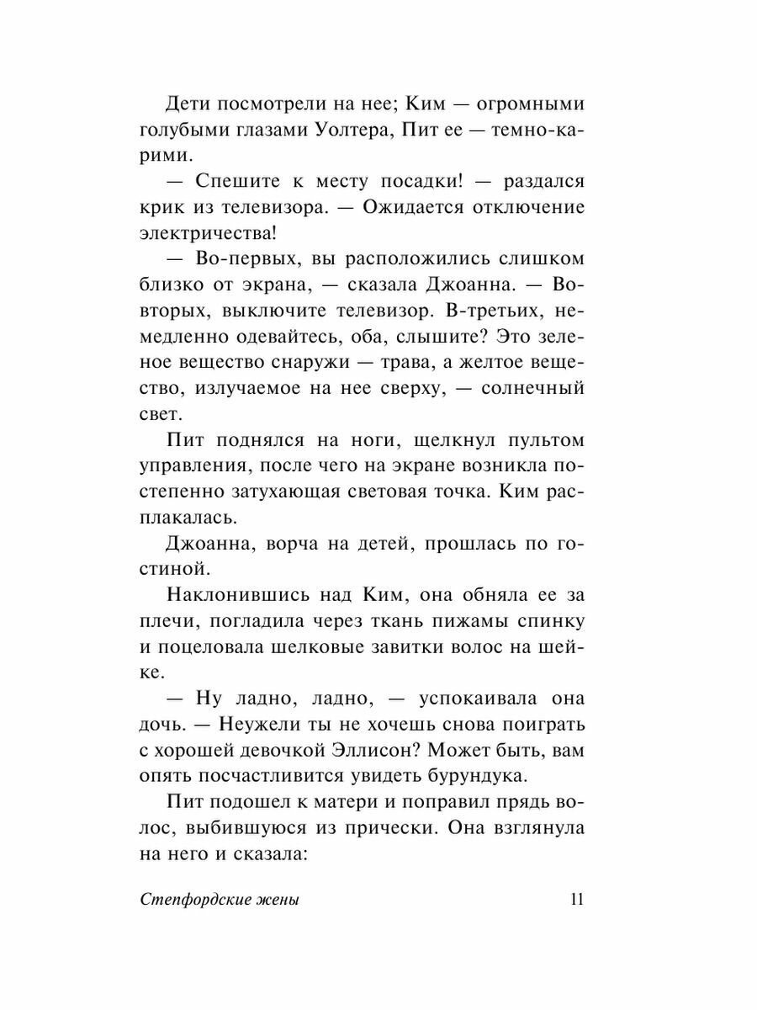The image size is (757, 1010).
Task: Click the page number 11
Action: pyautogui.click(x=576, y=899)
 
